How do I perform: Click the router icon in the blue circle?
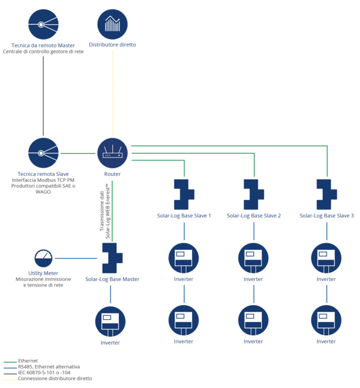113,153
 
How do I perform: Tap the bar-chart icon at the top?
113,24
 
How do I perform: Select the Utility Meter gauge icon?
43,258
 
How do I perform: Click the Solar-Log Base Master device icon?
112,258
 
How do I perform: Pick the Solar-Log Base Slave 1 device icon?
184,194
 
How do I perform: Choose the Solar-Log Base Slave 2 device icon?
254,194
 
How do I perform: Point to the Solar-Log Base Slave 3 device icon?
326,194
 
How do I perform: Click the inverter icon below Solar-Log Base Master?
110,321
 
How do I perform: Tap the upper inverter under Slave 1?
184,258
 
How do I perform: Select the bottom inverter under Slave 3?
326,320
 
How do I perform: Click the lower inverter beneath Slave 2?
254,320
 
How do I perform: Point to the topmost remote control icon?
43,24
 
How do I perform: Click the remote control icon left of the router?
43,153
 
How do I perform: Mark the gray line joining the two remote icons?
43,90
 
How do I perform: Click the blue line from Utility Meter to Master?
76,258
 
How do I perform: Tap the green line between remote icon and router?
78,153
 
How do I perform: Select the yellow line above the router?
113,90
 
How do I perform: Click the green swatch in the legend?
10,362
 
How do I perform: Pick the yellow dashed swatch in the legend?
10,380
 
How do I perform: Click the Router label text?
113,174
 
